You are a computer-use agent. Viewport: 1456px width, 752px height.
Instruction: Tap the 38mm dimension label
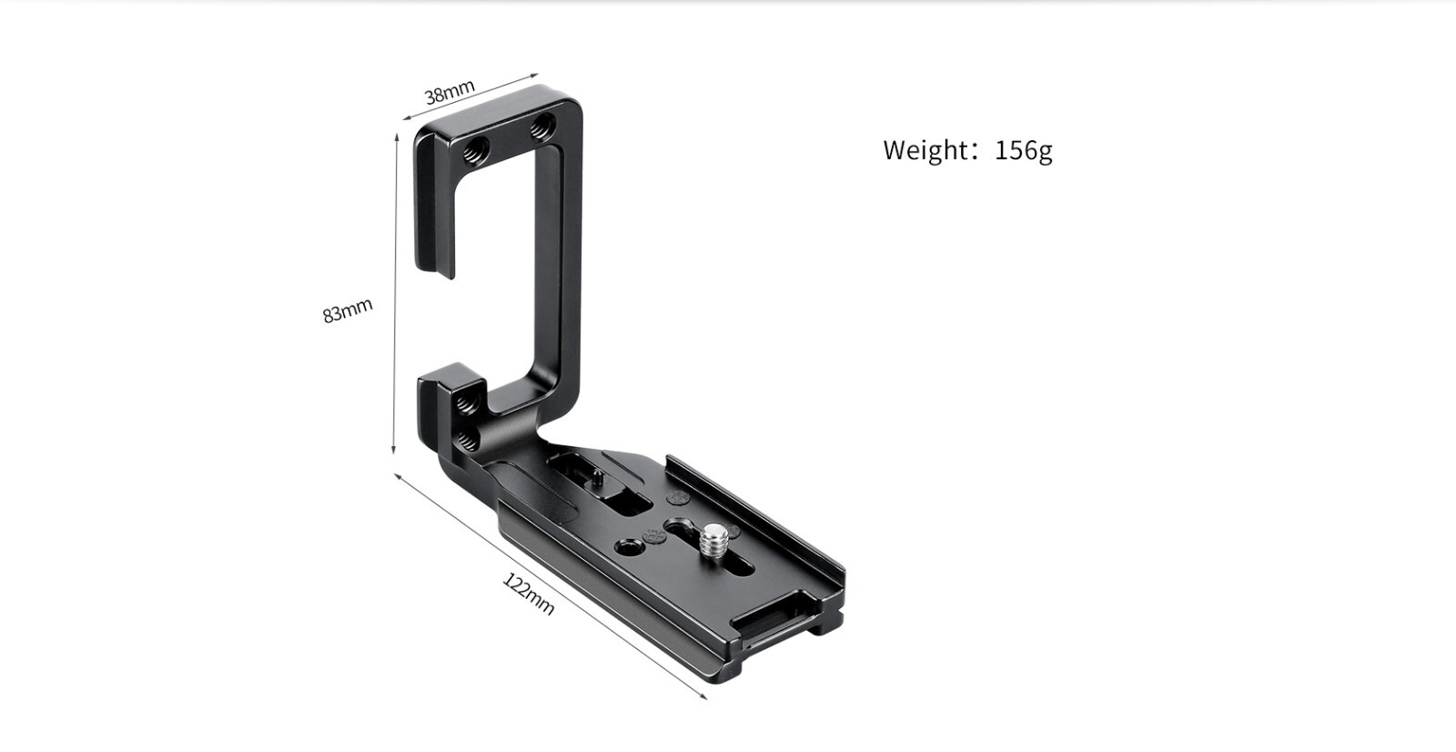[x=450, y=92]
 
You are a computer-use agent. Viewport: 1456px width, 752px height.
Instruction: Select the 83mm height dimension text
[x=348, y=310]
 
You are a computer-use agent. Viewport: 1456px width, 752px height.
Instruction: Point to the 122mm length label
[x=529, y=594]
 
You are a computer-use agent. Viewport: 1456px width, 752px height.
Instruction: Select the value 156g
[x=1024, y=149]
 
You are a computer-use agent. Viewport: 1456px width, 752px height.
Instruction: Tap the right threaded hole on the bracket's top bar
[x=542, y=127]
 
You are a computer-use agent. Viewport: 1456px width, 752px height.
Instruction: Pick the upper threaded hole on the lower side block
[x=465, y=401]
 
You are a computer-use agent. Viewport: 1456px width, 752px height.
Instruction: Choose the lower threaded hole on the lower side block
[x=467, y=441]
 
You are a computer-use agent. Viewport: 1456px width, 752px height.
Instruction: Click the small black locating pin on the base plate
[x=595, y=475]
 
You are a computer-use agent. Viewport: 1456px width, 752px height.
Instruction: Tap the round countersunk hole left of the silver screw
[x=627, y=547]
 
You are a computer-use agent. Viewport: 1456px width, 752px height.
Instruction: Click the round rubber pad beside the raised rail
[x=678, y=498]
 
